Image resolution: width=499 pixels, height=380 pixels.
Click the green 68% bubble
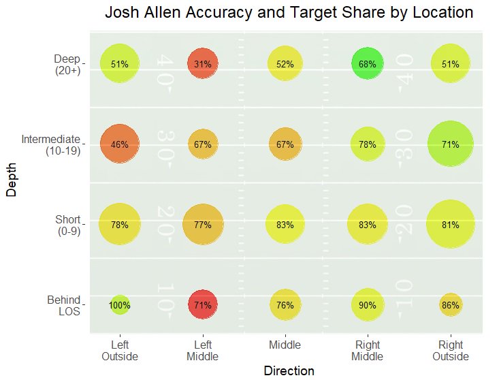(x=368, y=64)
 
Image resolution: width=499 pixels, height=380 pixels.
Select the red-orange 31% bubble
(x=202, y=64)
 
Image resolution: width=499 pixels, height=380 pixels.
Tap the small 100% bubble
(x=120, y=305)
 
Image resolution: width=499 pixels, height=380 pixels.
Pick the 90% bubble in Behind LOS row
(x=368, y=305)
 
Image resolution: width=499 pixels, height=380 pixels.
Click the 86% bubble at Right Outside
(x=451, y=305)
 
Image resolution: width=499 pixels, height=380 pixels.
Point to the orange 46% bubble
(x=120, y=144)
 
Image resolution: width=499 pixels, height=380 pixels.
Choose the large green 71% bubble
(x=451, y=144)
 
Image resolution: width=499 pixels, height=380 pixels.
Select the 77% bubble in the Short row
(x=202, y=225)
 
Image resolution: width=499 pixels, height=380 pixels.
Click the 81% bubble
(x=451, y=225)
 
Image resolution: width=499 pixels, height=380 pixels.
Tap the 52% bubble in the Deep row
(x=285, y=64)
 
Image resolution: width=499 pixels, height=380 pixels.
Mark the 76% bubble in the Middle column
(x=285, y=305)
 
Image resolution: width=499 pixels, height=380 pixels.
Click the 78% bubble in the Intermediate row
(x=368, y=144)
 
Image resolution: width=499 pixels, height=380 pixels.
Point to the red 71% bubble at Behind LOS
(x=202, y=305)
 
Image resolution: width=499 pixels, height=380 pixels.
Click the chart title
(x=289, y=13)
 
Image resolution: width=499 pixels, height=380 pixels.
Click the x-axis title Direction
(x=289, y=371)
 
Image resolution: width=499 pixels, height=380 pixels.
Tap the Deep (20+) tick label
(x=67, y=64)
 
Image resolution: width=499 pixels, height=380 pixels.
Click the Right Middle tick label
(x=368, y=351)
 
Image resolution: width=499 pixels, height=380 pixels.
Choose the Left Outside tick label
(x=120, y=351)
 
